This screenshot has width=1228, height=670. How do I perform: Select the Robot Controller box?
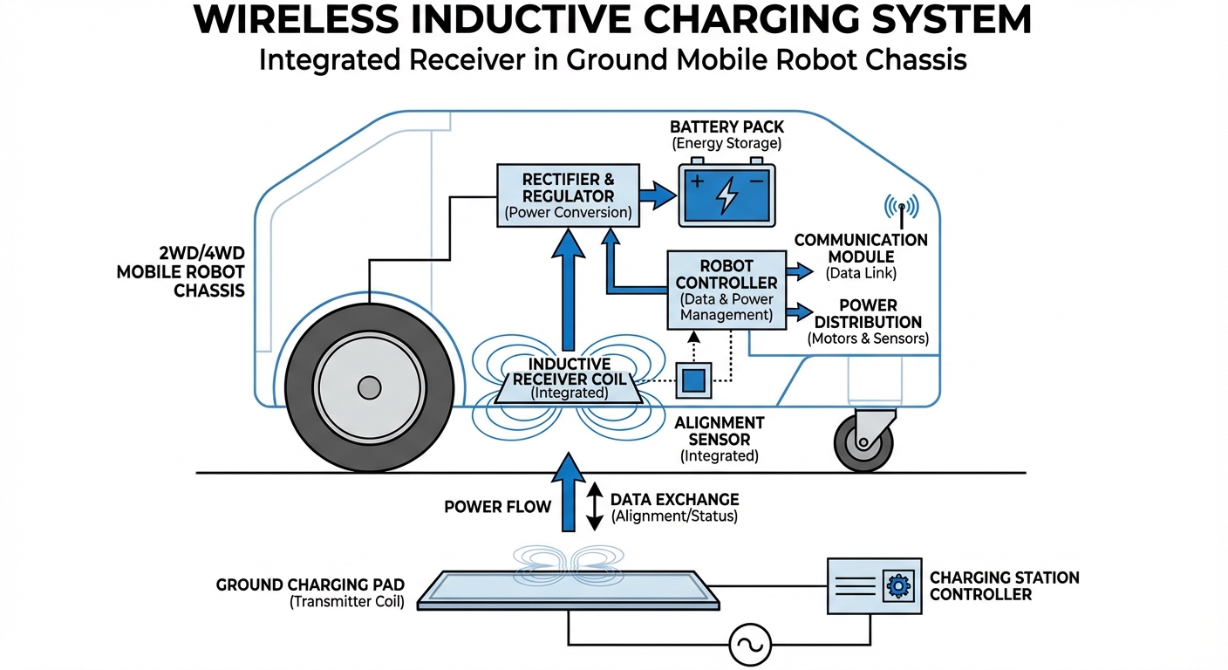[x=726, y=290]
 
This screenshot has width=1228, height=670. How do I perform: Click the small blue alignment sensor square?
[x=694, y=379]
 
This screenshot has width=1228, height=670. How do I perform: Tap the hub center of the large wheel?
[x=370, y=387]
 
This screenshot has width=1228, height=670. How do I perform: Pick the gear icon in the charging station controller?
[x=897, y=585]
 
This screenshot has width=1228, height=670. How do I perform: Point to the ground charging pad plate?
[x=569, y=590]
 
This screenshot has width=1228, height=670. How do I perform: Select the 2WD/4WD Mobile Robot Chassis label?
[x=181, y=271]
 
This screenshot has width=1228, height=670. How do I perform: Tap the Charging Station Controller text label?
[x=1004, y=585]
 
